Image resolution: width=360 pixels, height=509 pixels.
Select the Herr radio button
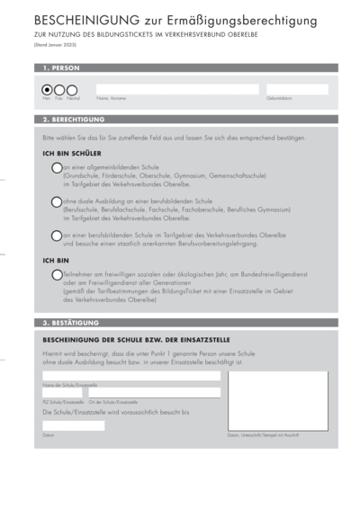click(48, 89)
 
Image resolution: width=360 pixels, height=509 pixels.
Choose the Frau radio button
click(59, 89)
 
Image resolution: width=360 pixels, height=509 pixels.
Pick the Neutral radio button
click(72, 89)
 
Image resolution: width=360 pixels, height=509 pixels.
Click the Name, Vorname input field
click(176, 89)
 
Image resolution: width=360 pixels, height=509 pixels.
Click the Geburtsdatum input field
click(296, 89)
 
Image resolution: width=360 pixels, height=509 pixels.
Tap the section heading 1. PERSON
click(61, 67)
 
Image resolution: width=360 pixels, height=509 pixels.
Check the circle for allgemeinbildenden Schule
click(57, 168)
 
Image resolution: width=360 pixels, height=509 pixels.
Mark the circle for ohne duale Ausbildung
click(57, 201)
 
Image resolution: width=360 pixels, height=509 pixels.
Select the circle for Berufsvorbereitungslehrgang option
click(57, 236)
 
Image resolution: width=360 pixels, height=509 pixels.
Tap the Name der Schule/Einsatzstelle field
click(130, 376)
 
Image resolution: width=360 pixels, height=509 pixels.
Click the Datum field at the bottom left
click(73, 425)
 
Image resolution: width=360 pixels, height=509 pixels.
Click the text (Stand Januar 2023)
click(57, 43)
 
